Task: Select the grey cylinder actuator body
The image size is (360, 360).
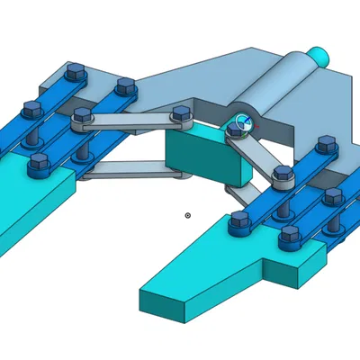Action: (x=274, y=86)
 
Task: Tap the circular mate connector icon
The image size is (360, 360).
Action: (x=241, y=124)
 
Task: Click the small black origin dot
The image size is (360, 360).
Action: (x=187, y=215)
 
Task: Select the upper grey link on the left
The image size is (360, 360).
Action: (x=130, y=121)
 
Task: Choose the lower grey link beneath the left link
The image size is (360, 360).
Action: (x=126, y=170)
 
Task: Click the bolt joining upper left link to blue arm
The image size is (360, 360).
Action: (x=83, y=115)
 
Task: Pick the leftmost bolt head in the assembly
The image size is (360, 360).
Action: (x=30, y=109)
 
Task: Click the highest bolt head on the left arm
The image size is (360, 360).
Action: (x=76, y=70)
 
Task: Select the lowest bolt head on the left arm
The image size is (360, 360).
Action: (x=39, y=162)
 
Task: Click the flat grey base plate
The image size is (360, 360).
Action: (x=180, y=85)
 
